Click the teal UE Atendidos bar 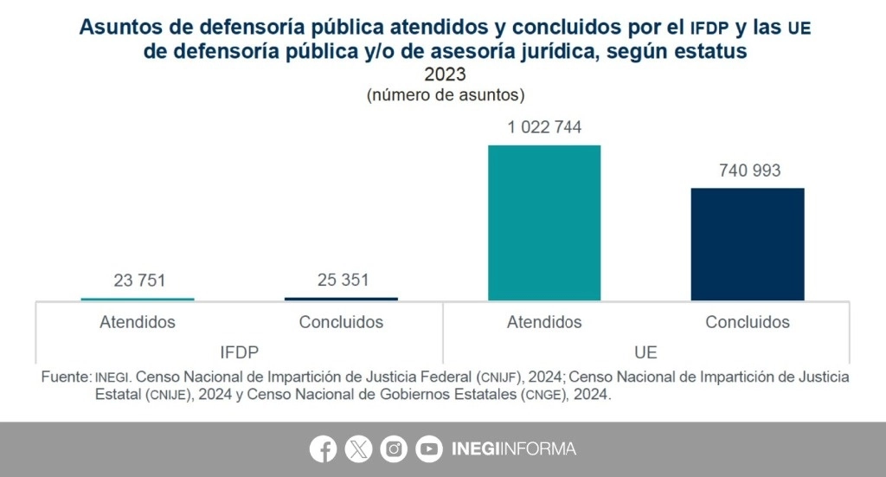tap(544, 222)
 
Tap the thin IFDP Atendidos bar tap(138, 299)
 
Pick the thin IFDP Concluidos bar tap(341, 299)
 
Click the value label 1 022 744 tap(544, 128)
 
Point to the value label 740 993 tap(749, 171)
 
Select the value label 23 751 tap(138, 280)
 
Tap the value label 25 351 tap(342, 280)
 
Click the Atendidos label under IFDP tap(138, 322)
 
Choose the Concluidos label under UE tap(748, 322)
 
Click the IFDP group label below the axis tap(239, 352)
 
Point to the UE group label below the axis tap(645, 352)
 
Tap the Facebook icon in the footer tap(324, 448)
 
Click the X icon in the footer tap(358, 448)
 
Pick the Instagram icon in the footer tap(394, 448)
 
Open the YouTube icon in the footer tap(428, 448)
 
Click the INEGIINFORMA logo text tap(513, 449)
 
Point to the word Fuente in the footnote tap(65, 377)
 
